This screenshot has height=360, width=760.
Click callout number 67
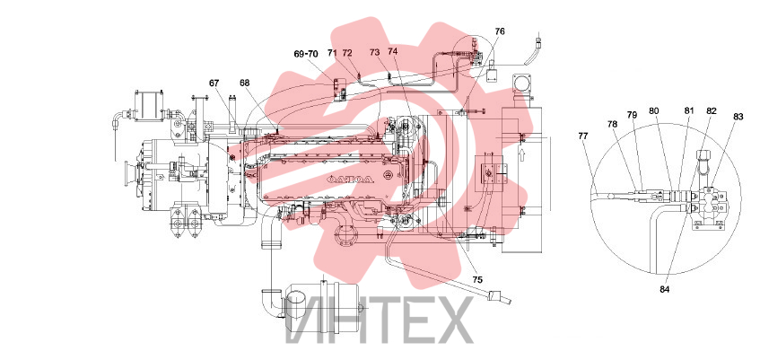214,83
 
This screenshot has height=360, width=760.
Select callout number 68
244,83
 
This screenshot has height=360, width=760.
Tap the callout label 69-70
306,54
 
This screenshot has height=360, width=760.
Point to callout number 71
332,52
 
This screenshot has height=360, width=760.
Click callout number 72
347,52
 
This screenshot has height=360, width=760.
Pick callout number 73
375,52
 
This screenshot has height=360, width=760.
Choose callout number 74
393,51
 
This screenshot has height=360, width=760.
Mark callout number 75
478,280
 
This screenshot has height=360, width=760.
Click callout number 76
500,31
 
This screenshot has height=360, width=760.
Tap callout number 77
583,136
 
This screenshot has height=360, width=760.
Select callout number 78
613,124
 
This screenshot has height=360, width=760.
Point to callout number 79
632,115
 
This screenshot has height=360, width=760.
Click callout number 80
654,110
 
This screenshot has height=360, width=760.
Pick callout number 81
689,110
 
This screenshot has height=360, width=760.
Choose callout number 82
711,110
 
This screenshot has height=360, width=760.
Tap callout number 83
738,117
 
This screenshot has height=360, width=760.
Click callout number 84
664,290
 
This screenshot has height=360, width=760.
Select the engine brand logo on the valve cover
351,179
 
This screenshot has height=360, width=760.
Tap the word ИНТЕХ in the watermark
379,320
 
